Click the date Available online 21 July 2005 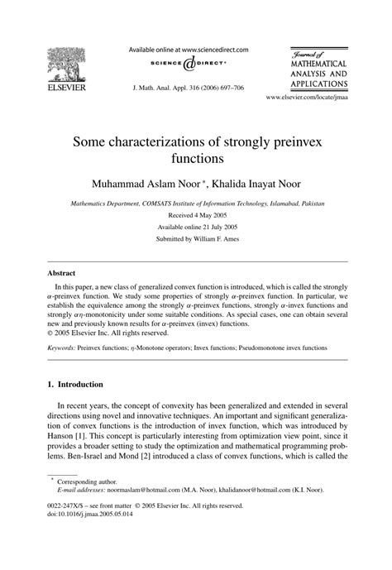coord(195,226)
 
